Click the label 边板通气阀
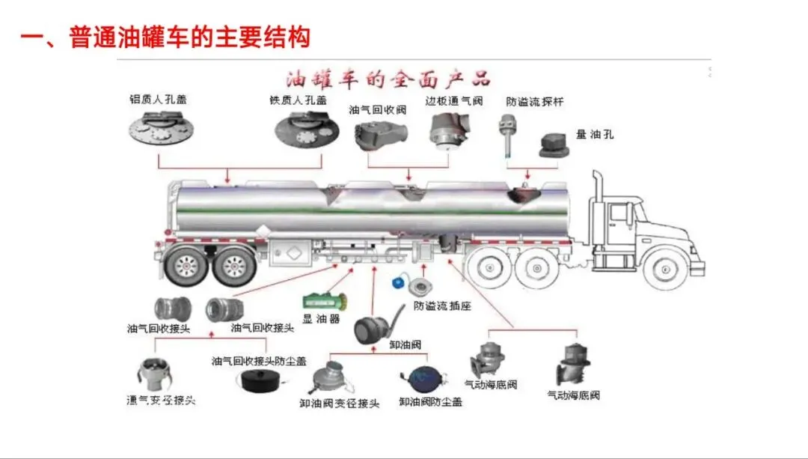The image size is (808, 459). [x=454, y=100]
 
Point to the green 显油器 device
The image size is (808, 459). [x=322, y=302]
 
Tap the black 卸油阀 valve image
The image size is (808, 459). [x=373, y=328]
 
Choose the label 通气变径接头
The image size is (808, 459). [x=161, y=400]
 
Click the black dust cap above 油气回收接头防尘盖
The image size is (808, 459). [x=263, y=380]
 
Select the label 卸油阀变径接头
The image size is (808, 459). [x=340, y=404]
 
